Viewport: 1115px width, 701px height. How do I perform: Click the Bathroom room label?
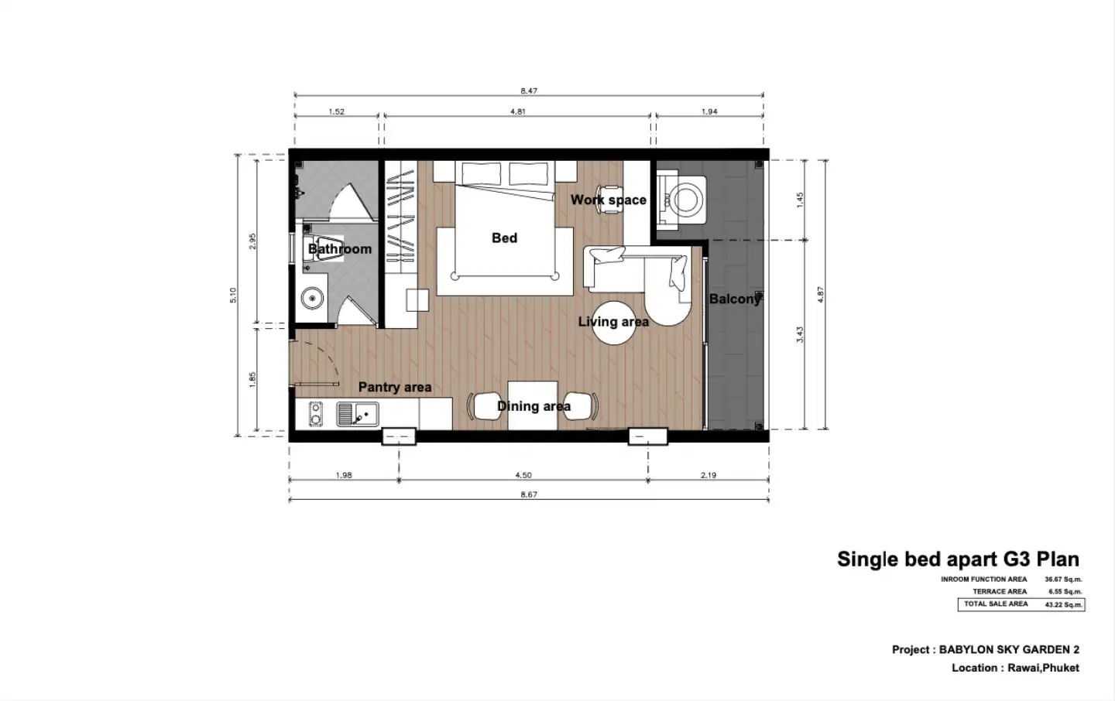tap(340, 249)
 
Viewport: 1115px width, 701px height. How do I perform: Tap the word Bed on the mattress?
tap(504, 238)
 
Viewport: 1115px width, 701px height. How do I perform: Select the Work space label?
tap(609, 200)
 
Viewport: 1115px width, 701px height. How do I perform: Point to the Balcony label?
tap(735, 299)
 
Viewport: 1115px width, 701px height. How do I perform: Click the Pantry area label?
tap(395, 387)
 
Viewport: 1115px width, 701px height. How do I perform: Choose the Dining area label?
tap(533, 406)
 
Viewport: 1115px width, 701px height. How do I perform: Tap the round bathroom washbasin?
tap(312, 299)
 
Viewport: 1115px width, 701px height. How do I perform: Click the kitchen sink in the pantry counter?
tap(358, 415)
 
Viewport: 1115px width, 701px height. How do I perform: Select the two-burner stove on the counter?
tap(316, 415)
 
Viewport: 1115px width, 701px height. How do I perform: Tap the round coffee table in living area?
tap(614, 323)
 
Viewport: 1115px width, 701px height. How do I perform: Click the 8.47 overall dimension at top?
tap(529, 91)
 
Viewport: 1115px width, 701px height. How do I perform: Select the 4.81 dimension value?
tap(518, 112)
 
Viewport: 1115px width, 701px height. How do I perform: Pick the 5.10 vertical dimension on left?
tap(233, 296)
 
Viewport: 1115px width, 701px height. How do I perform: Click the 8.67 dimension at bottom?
tap(529, 494)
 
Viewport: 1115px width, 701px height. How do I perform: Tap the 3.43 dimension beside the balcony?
tap(800, 334)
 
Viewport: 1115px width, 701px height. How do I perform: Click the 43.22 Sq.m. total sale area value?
tap(1063, 605)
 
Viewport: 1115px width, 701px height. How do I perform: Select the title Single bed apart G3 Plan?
tap(959, 559)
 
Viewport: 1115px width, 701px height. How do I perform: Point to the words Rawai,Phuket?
tap(1043, 669)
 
